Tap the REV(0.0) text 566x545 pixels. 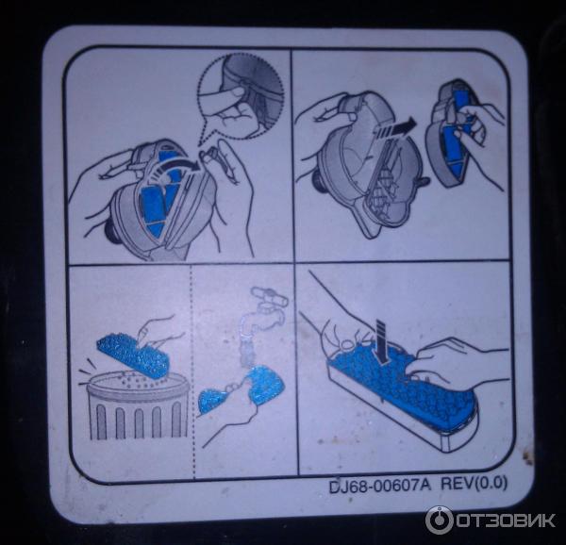tap(474, 484)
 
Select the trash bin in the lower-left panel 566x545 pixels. tap(137, 405)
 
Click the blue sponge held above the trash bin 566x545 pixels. tap(133, 356)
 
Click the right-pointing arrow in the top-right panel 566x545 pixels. tap(396, 129)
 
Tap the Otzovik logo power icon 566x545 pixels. tap(439, 520)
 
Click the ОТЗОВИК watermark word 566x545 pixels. tap(506, 520)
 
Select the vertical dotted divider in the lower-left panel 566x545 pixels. tap(192, 372)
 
